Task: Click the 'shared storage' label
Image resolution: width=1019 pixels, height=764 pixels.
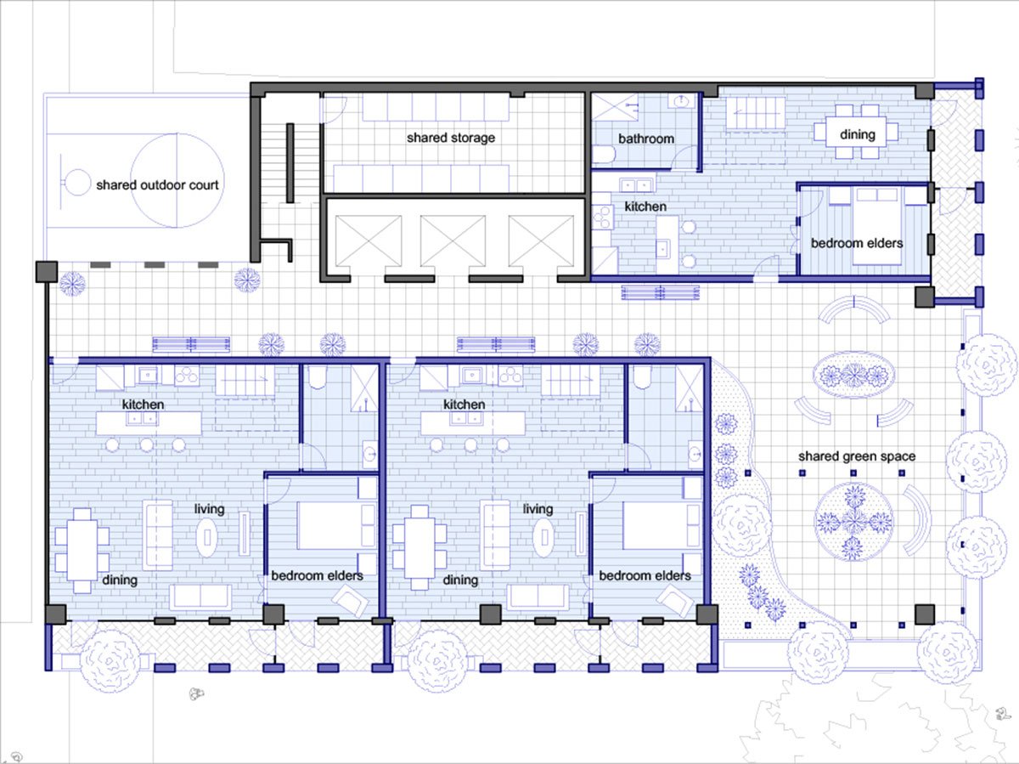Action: (451, 138)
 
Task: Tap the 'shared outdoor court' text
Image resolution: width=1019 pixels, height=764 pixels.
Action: (157, 185)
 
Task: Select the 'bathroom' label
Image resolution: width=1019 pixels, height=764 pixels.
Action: (646, 139)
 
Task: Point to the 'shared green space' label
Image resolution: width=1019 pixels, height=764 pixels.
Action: (857, 456)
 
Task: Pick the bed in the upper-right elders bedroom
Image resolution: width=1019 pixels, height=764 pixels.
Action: (877, 226)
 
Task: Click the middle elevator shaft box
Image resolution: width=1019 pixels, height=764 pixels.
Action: (453, 241)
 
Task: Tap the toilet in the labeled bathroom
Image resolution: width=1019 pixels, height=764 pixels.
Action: (604, 155)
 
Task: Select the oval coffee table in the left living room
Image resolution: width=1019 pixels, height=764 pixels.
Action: (207, 537)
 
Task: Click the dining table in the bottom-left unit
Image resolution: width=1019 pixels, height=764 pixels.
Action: (82, 551)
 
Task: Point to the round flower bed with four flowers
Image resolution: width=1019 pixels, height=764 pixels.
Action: (853, 522)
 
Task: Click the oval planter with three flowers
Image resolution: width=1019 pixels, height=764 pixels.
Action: (853, 376)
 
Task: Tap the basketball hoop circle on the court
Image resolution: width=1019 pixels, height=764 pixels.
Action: (77, 183)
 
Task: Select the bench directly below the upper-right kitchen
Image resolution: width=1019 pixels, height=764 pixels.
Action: (660, 292)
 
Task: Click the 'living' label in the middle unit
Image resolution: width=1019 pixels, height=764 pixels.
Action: (538, 509)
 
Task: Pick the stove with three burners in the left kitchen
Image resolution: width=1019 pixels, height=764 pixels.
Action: (187, 376)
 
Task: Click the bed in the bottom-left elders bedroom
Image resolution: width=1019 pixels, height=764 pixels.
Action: (336, 525)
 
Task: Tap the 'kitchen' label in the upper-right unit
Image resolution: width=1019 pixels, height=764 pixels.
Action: (645, 207)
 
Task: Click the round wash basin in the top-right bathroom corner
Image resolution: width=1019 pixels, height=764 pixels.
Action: (681, 101)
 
